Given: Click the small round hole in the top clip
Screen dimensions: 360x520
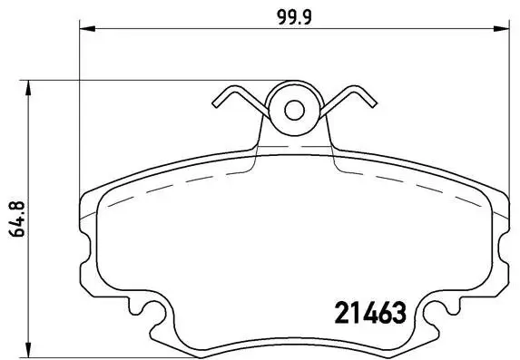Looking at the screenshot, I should (294, 111).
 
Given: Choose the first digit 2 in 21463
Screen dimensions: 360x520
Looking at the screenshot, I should (329, 314).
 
